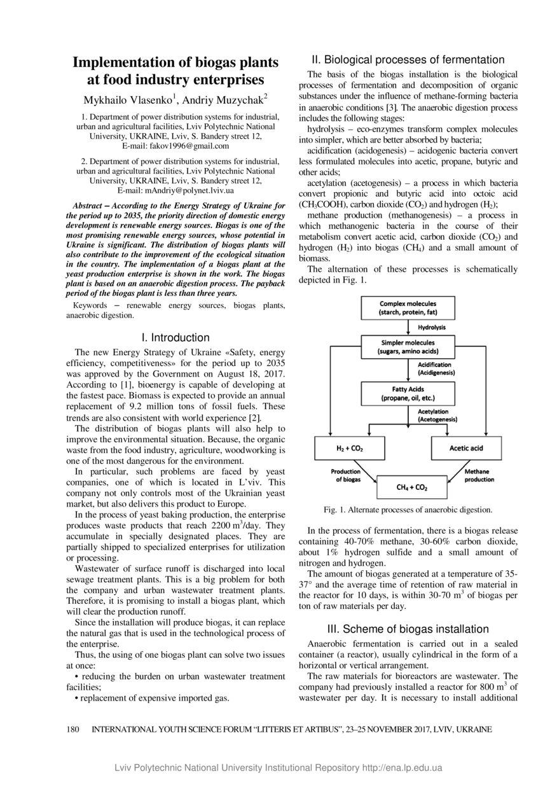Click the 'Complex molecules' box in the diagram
point(408,308)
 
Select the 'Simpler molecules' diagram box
point(408,347)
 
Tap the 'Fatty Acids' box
point(408,393)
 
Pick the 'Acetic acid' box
point(466,448)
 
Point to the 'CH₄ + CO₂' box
point(411,487)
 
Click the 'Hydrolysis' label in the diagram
point(432,327)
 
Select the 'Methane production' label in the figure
point(479,475)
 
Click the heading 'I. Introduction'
point(175,338)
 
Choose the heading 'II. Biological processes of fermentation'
point(408,60)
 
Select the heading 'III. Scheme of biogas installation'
point(408,629)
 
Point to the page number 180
point(72,729)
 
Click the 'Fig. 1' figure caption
point(408,510)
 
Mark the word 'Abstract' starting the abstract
point(88,207)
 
